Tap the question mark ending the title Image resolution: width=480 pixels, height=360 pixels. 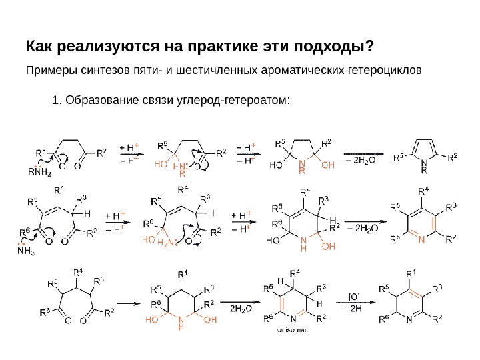point(371,48)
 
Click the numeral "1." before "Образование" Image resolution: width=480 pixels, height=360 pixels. point(56,101)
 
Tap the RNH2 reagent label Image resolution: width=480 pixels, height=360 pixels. point(41,171)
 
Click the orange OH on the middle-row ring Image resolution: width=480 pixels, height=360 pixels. point(329,245)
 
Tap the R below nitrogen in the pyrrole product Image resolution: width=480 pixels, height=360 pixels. point(423,171)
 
